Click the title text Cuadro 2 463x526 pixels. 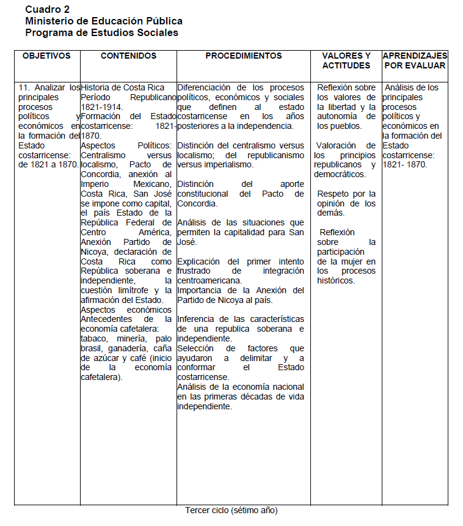pos(48,9)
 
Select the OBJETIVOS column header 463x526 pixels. pos(46,56)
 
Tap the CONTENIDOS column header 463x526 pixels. pos(128,56)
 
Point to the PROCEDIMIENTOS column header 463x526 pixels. pos(244,56)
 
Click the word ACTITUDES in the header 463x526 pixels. pos(346,65)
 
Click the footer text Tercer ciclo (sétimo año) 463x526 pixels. pos(231,510)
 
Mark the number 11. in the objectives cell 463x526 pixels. pos(26,88)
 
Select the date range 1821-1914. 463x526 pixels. pos(101,107)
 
